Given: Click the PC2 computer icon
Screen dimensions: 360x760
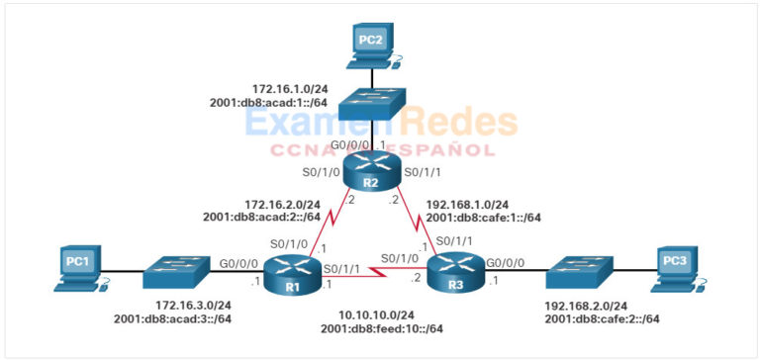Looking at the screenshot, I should (x=370, y=45).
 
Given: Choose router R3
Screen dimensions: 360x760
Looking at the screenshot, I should (x=454, y=269).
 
